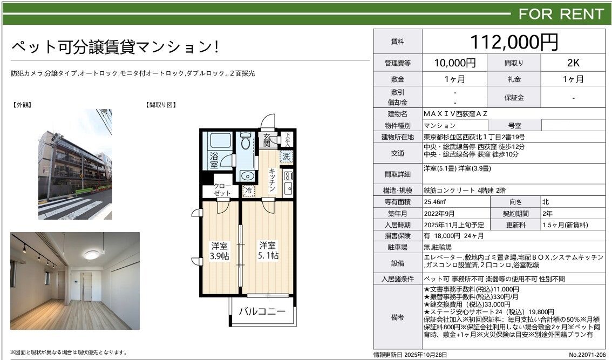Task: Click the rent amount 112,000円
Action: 514,42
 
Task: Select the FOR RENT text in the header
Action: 561,15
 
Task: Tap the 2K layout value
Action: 573,63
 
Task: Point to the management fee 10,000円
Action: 455,63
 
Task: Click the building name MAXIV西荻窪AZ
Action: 455,114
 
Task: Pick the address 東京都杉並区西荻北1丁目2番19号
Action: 474,137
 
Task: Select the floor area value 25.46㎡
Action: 435,202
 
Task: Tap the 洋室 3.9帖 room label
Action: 219,251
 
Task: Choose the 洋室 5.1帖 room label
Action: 268,250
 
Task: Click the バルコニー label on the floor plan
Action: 262,311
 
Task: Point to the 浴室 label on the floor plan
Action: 214,160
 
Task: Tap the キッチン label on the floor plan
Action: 272,180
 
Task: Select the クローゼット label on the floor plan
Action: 222,189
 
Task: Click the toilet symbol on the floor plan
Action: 246,141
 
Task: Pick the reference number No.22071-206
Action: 587,355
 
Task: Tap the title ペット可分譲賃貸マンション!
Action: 115,47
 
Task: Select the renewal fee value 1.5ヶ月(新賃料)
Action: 565,225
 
